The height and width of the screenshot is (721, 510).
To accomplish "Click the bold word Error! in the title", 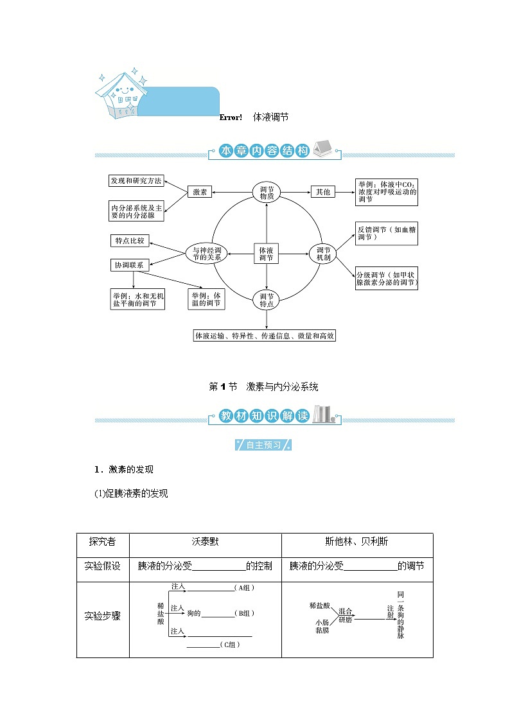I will [x=230, y=117].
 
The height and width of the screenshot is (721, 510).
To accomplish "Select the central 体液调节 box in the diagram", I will [x=266, y=253].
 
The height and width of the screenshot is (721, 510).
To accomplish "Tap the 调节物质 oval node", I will [x=267, y=192].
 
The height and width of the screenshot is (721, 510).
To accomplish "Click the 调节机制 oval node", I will [x=323, y=253].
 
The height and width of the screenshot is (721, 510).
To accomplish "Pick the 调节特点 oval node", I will [x=267, y=300].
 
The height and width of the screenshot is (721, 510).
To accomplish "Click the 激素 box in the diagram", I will [x=200, y=191].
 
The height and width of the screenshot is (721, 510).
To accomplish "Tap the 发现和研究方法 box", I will [x=136, y=181].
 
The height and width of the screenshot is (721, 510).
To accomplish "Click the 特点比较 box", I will [x=130, y=241].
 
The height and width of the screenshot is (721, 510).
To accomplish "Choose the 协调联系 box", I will [x=130, y=265].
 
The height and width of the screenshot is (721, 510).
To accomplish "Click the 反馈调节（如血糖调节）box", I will [x=387, y=233].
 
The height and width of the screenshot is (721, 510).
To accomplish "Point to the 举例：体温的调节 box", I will [x=206, y=299].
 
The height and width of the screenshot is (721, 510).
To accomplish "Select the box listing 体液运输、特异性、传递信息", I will [x=265, y=336].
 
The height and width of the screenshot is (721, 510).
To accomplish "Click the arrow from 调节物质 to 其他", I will [x=296, y=191].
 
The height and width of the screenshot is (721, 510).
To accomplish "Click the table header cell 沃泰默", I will [x=205, y=542].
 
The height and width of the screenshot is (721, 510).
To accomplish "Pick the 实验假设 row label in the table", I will [x=103, y=566].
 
